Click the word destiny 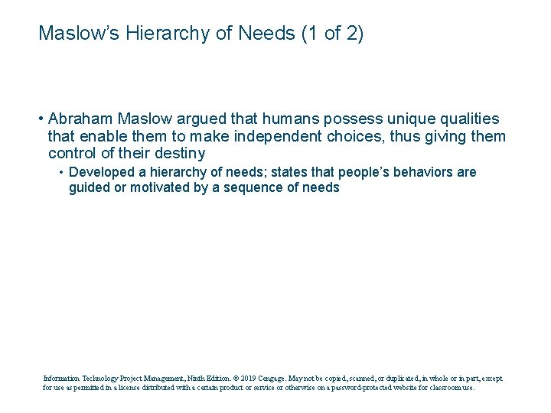click(x=178, y=153)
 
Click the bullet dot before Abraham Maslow click(x=40, y=119)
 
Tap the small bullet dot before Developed click(x=61, y=172)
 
